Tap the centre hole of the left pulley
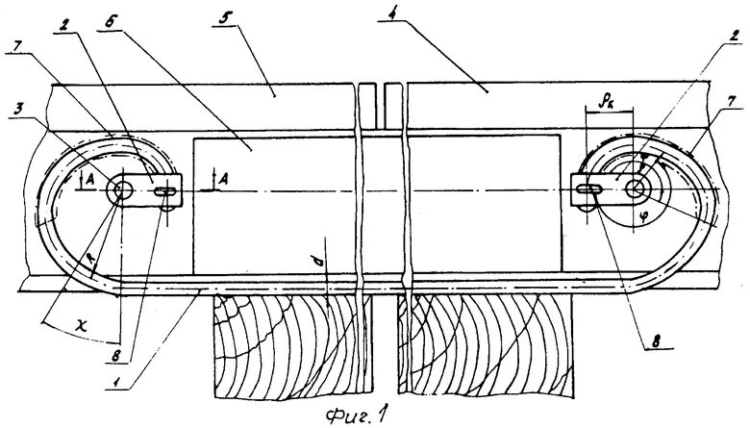121,189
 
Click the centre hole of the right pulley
636,189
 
